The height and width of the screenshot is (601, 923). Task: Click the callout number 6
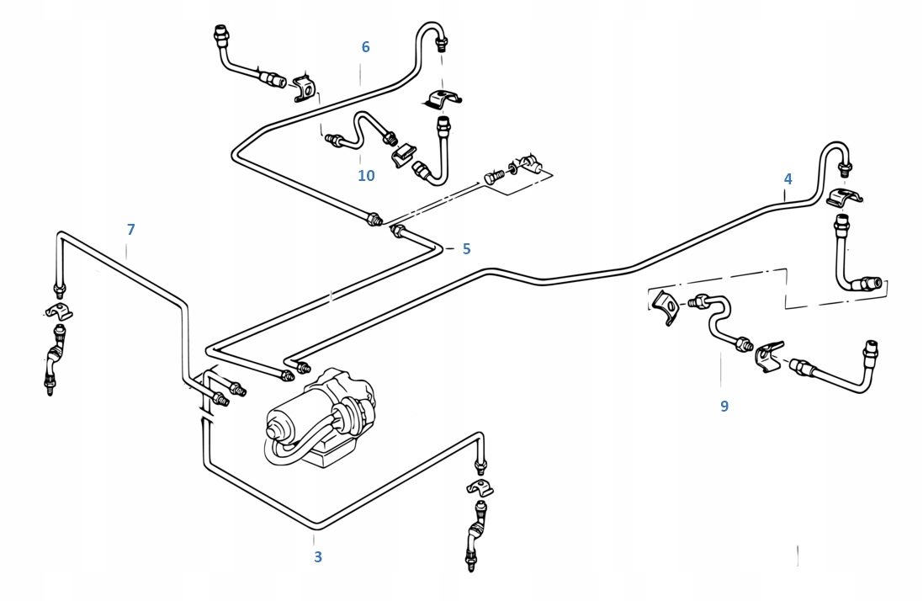tap(365, 47)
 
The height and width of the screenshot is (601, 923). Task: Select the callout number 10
tap(366, 175)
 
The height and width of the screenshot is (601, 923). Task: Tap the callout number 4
tap(788, 179)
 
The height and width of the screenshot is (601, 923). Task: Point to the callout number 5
tap(466, 249)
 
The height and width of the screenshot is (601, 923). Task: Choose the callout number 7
tap(130, 230)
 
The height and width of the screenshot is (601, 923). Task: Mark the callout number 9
tap(724, 407)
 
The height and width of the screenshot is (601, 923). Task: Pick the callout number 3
tap(318, 557)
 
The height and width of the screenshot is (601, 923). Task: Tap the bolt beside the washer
tap(495, 177)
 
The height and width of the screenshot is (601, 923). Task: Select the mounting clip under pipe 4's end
tap(844, 197)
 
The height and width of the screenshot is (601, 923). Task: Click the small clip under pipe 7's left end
tap(59, 311)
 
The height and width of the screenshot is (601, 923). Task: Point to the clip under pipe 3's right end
tap(480, 488)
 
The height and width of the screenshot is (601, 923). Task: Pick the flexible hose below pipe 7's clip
tap(55, 359)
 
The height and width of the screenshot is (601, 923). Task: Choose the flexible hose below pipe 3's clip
tap(475, 535)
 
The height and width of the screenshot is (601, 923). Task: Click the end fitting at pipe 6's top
tap(442, 43)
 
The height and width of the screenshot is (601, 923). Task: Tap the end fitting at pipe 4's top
tap(846, 169)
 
